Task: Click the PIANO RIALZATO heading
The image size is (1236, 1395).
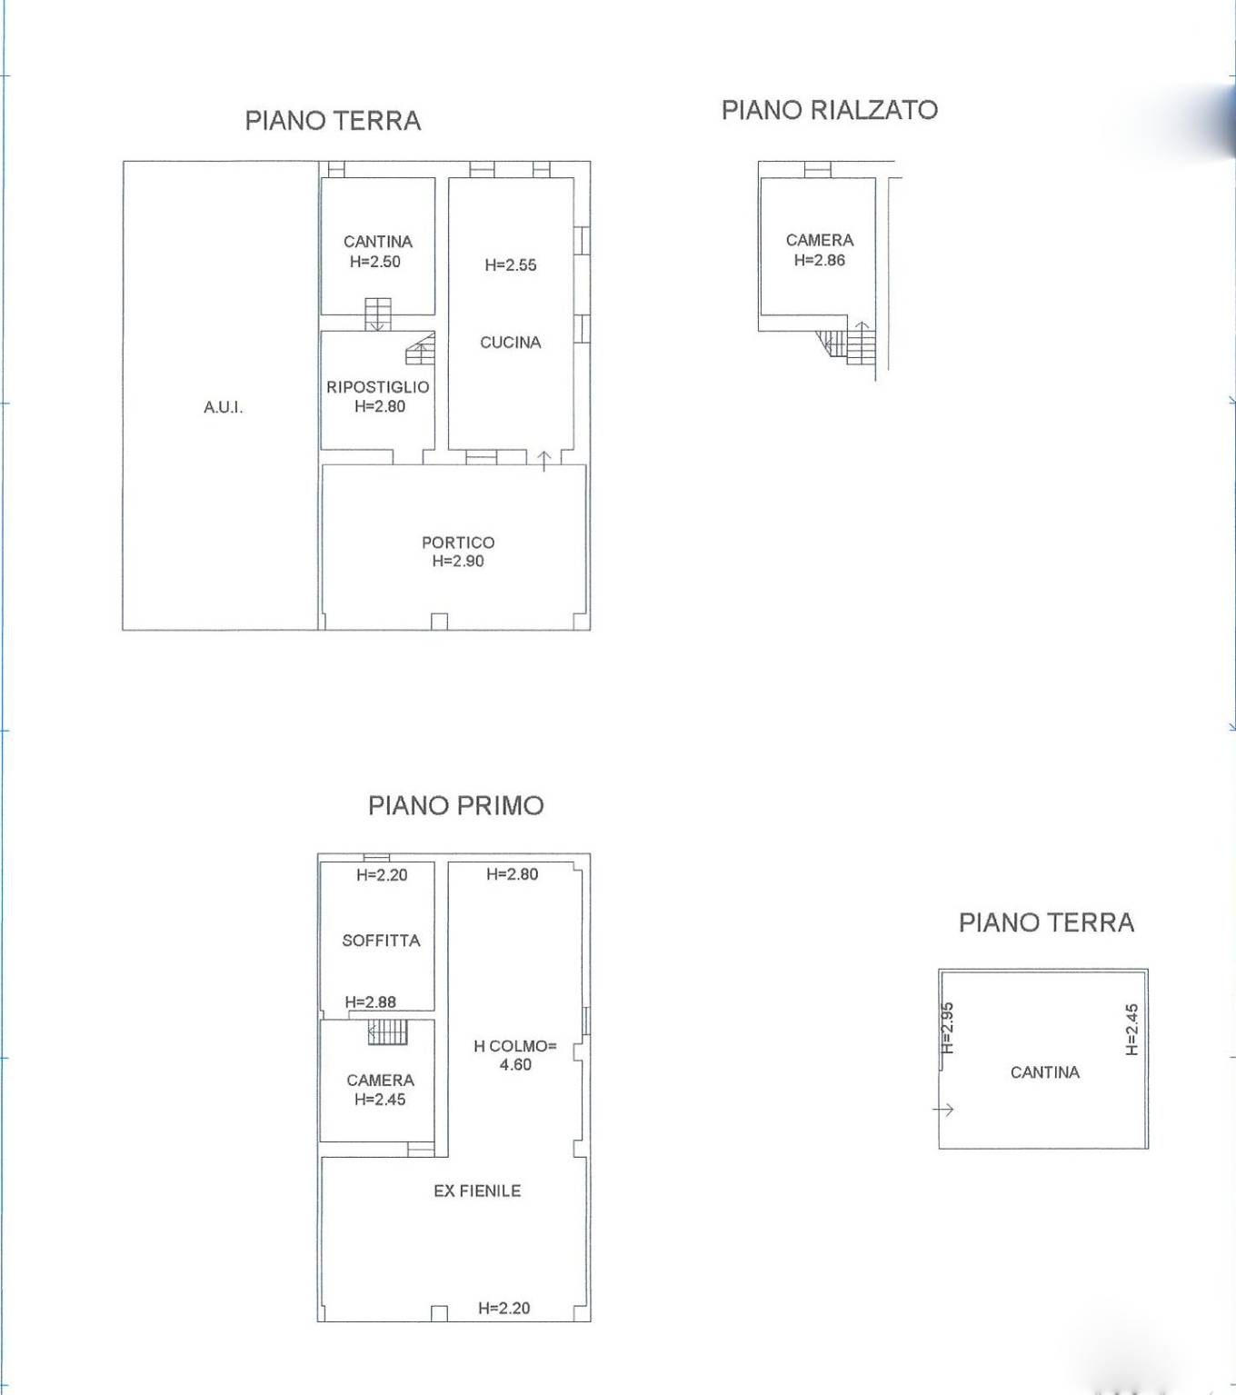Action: tap(829, 110)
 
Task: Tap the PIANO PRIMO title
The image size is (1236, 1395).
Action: tap(456, 805)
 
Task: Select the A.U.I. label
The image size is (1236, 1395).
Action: tap(223, 408)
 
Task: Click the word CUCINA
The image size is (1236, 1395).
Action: tap(510, 343)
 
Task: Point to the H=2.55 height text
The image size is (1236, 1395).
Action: tap(510, 265)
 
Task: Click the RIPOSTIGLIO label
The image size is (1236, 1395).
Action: tap(378, 387)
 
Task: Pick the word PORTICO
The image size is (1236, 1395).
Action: tap(458, 543)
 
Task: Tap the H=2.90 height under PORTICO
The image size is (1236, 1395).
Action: tap(458, 561)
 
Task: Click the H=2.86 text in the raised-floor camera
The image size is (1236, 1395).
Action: tap(820, 260)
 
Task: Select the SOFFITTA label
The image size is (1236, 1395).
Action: tap(381, 941)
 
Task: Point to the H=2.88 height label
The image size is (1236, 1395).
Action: tap(371, 1001)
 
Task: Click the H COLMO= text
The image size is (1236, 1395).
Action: tap(515, 1047)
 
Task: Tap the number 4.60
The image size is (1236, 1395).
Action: tap(515, 1064)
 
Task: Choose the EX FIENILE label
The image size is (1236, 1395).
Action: tap(477, 1191)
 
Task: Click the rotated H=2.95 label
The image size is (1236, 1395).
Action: tap(948, 1028)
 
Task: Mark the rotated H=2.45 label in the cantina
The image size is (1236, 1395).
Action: tap(1132, 1030)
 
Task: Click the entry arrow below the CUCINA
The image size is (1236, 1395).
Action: tap(544, 462)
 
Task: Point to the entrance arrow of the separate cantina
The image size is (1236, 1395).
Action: tap(943, 1110)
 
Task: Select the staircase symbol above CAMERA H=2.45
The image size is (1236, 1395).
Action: tap(388, 1031)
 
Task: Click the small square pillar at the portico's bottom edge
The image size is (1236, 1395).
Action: tap(439, 622)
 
